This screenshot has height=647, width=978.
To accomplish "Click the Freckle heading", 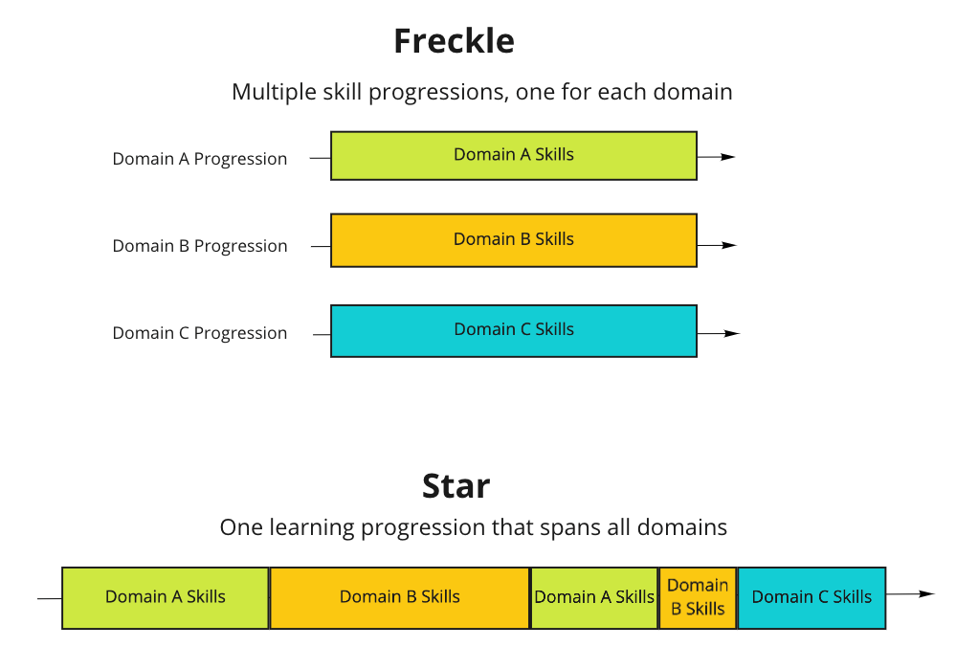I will click(454, 41).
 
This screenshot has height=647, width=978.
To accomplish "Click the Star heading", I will click(456, 486).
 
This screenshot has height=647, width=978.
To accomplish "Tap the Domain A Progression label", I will click(199, 159).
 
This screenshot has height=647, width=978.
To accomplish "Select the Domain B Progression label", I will click(199, 246).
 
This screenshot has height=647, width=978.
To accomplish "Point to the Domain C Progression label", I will click(199, 333).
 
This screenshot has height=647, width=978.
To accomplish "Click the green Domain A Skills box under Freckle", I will click(514, 156).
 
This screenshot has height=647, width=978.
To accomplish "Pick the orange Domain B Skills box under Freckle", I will click(514, 240).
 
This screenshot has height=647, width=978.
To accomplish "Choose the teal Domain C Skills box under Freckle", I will click(514, 330).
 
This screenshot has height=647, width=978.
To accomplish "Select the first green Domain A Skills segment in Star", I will click(166, 597).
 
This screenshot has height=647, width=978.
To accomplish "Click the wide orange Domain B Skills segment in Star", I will click(400, 597).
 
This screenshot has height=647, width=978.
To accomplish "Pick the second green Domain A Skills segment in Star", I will click(594, 597).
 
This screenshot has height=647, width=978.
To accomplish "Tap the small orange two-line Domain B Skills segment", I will click(698, 597).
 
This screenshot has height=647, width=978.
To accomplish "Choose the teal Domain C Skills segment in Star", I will click(811, 597).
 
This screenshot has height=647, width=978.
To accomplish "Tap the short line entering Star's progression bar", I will click(49, 599).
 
